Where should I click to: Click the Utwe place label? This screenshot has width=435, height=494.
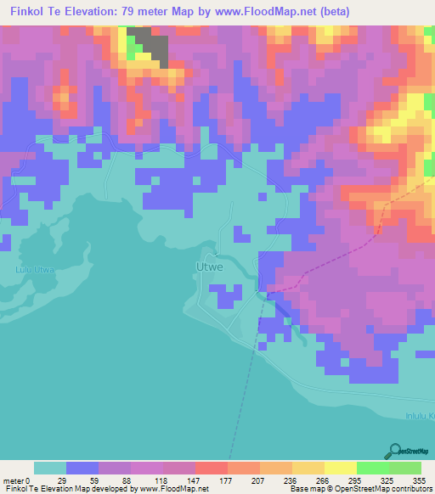[209, 267]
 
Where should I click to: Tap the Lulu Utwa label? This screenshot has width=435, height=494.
[35, 270]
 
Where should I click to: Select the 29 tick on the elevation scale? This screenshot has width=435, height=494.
[61, 481]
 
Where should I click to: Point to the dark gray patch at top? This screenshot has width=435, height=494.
[150, 43]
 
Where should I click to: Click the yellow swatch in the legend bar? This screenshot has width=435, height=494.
[340, 469]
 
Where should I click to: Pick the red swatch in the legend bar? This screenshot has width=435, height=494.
[211, 469]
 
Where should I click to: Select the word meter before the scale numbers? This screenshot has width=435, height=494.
[15, 481]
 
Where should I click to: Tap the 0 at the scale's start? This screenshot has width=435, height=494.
[31, 481]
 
